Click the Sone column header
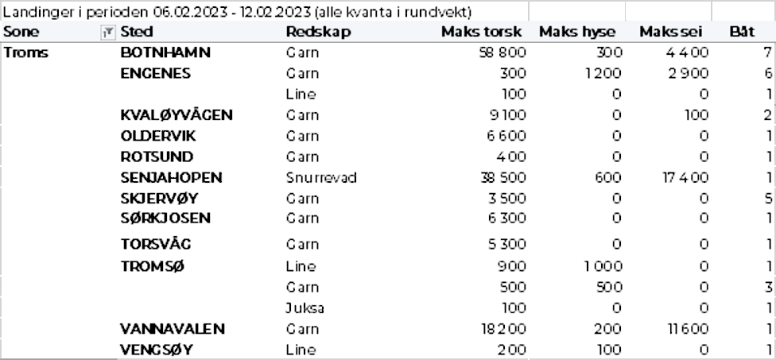pos(21,32)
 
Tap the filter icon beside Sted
pos(108,33)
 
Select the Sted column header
pos(137,32)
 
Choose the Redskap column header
pos(318,32)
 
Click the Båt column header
pos(742,32)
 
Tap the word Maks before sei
pos(657,32)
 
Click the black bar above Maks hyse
pos(577,11)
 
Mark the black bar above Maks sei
pos(669,11)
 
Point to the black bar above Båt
pos(745,11)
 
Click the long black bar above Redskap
pos(264,11)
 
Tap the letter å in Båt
pos(743,32)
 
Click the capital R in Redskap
pos(291,32)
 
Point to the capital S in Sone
pos(7,32)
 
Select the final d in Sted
pos(149,32)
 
